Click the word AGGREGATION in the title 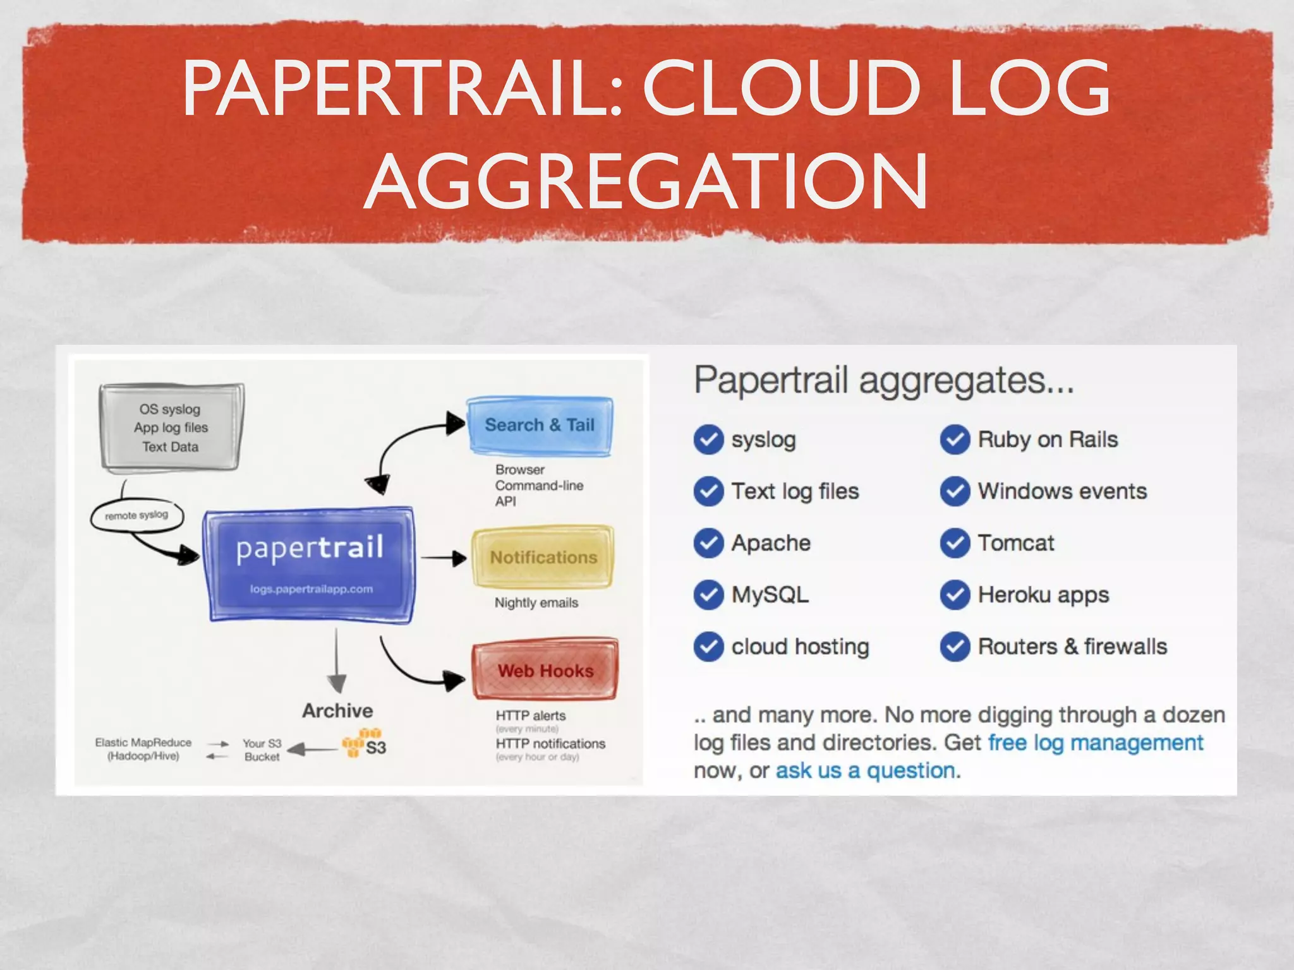click(646, 183)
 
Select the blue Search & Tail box click(540, 425)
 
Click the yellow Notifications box click(543, 557)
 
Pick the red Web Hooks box click(545, 671)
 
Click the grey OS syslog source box click(170, 428)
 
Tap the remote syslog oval click(136, 515)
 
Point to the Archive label click(337, 710)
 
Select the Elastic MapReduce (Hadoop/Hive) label click(143, 749)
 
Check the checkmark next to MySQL click(708, 595)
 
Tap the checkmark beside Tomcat click(955, 543)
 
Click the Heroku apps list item click(1043, 595)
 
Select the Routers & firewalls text click(1072, 647)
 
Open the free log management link click(1095, 743)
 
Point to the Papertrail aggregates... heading click(883, 380)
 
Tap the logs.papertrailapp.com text click(311, 589)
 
